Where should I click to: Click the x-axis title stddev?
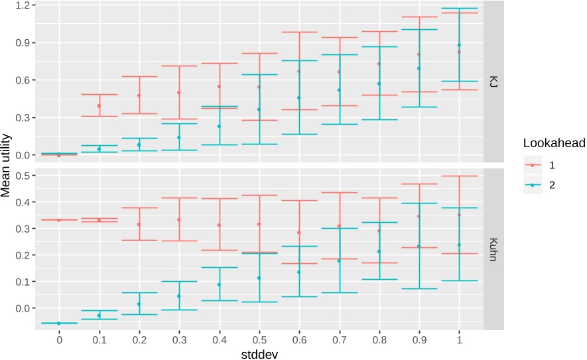pos(259,354)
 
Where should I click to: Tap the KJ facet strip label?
pos(492,82)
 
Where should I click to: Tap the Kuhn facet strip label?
pos(492,248)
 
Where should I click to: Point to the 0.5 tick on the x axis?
pos(259,339)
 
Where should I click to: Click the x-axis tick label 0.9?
pos(419,339)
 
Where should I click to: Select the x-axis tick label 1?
pos(459,339)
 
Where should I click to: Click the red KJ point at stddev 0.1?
pos(99,105)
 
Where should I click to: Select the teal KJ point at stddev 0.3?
pos(178,137)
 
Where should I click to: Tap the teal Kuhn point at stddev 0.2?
pos(139,304)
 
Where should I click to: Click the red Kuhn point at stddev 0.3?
pos(178,219)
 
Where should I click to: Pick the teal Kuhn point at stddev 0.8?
pos(379,251)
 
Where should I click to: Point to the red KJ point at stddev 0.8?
pos(379,64)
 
